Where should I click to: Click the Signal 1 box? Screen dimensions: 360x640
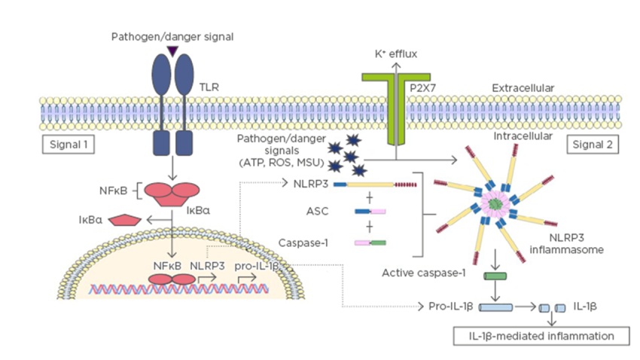[x=69, y=143]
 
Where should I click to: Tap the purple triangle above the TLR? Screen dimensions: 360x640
[x=173, y=50]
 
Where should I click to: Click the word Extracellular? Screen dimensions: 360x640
[x=523, y=88]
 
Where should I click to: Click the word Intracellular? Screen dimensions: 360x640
[x=522, y=136]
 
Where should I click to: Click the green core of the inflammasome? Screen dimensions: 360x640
[x=495, y=203]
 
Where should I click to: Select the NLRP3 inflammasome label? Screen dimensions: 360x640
[x=576, y=243]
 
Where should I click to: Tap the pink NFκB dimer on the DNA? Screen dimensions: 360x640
[x=171, y=280]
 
